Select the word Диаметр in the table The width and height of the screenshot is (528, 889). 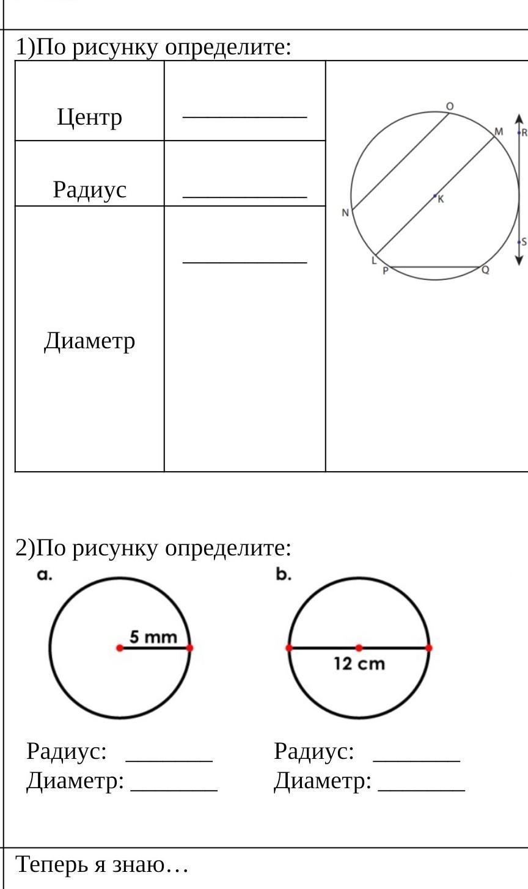(x=90, y=340)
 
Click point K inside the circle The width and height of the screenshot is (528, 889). (x=436, y=196)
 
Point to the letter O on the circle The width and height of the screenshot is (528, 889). (x=450, y=106)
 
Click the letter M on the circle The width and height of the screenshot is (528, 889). (x=499, y=131)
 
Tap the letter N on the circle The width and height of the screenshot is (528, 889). (x=345, y=213)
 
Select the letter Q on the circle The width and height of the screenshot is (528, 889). (x=485, y=270)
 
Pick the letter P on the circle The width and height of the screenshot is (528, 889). (x=386, y=271)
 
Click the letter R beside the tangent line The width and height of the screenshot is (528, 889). (x=524, y=133)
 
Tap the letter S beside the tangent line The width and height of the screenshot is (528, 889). (x=524, y=242)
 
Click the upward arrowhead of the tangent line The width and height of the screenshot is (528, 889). (x=519, y=118)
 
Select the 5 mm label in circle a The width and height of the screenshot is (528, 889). (x=153, y=637)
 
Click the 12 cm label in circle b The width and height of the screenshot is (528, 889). (x=359, y=664)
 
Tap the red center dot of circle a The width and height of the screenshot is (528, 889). (x=120, y=648)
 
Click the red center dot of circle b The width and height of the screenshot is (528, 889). (x=359, y=648)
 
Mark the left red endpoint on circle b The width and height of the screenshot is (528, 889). (x=289, y=648)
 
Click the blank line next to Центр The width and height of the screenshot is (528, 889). (x=244, y=115)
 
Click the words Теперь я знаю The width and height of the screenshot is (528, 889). (x=101, y=864)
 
